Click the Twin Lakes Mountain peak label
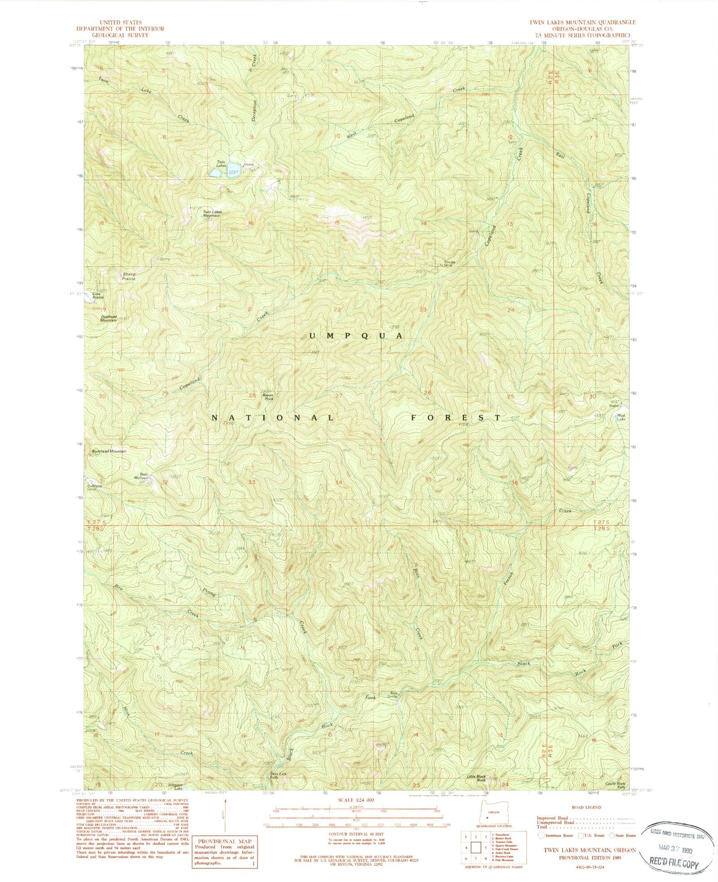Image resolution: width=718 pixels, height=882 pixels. [x=212, y=214]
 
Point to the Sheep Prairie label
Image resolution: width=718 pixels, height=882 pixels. [x=129, y=276]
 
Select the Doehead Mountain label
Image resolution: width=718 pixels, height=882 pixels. [x=108, y=318]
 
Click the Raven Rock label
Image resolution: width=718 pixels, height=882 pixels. [x=268, y=397]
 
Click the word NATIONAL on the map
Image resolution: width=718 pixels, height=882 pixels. [x=273, y=418]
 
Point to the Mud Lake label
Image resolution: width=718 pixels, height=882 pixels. [x=621, y=417]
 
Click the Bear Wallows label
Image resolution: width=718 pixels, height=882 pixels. [x=141, y=476]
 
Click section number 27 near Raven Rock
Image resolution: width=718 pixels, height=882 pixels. [x=339, y=396]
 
